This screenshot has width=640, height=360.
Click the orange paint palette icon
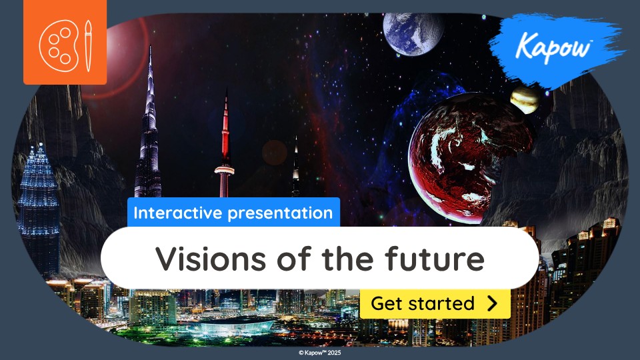tap(65, 42)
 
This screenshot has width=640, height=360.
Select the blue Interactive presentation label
tap(233, 213)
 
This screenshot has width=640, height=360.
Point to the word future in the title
tap(439, 258)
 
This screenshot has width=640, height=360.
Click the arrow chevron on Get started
tap(493, 303)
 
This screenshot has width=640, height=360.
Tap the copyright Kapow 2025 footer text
tap(320, 353)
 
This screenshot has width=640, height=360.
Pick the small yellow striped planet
tap(525, 99)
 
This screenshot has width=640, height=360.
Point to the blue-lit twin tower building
tap(39, 200)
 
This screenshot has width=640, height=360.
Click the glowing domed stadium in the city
tap(236, 326)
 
